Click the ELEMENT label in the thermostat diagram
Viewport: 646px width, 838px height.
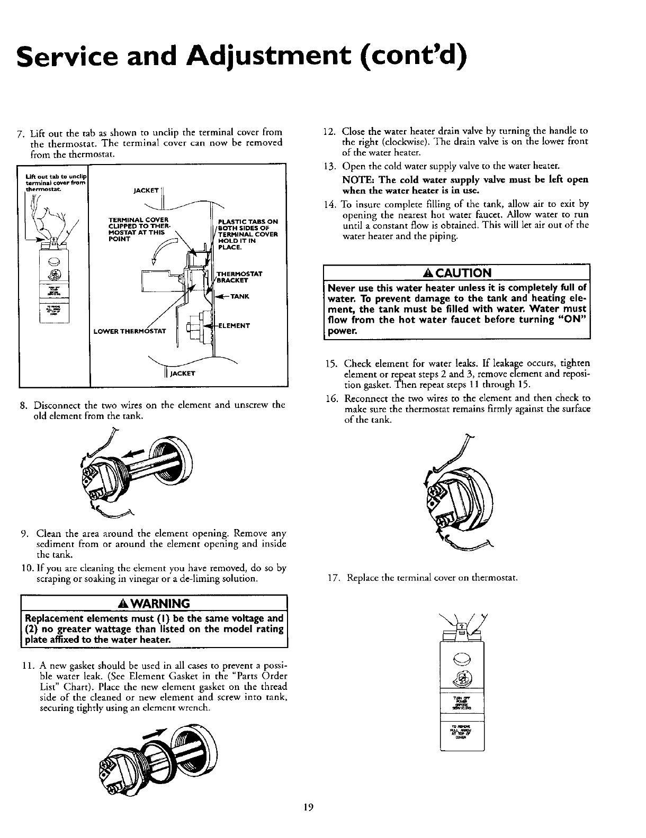coord(236,325)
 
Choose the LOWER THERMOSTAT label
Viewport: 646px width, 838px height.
coord(130,332)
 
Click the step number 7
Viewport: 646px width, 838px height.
coord(20,132)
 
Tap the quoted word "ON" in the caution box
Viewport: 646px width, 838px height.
coord(575,319)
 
